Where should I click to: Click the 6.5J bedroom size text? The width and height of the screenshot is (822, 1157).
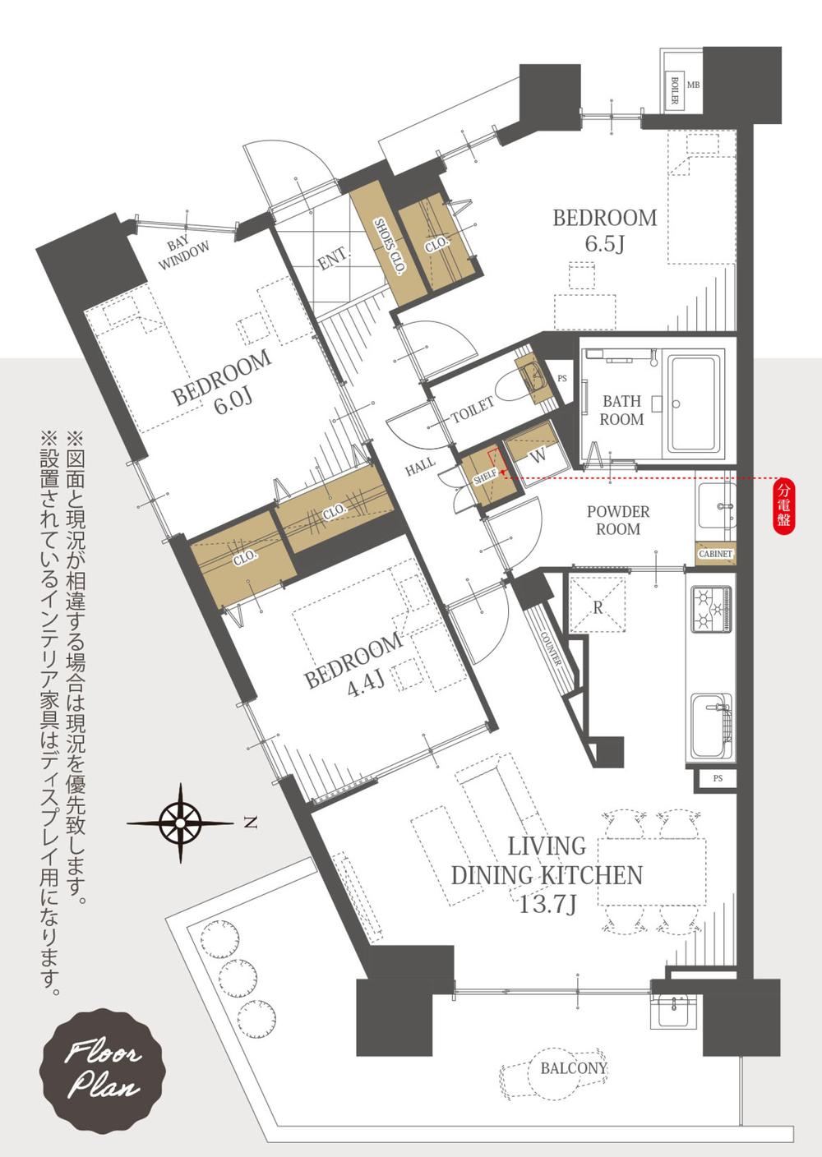point(605,244)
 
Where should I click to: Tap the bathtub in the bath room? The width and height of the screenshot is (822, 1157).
point(695,403)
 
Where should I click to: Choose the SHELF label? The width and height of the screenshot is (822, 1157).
point(485,477)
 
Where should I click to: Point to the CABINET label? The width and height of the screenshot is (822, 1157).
point(716,554)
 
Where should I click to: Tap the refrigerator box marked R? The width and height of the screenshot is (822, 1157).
point(598,603)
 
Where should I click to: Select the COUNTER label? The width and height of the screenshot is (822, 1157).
point(551,648)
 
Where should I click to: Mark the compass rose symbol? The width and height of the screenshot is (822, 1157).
point(180,823)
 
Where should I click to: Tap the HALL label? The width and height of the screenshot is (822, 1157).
point(420,467)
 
